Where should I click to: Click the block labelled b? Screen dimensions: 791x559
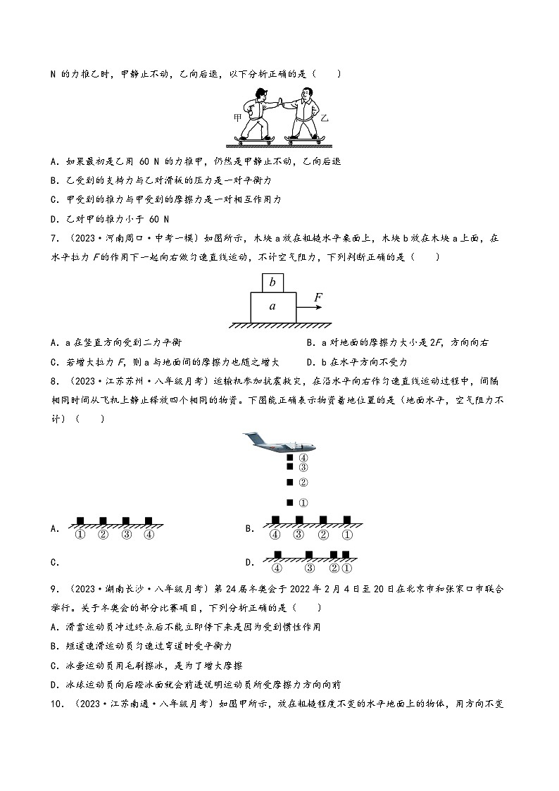point(273,282)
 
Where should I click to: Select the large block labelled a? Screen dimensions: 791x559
point(273,307)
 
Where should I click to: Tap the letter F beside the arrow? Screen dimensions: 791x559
point(318,297)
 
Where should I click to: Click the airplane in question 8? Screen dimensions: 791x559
point(279,443)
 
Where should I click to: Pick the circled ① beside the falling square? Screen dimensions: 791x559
point(304,503)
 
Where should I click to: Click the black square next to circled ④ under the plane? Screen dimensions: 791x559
point(289,458)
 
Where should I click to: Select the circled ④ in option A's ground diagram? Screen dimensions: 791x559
point(148,534)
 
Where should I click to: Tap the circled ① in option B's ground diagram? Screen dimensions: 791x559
point(346,534)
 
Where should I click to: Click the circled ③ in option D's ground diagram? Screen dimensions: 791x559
point(310,568)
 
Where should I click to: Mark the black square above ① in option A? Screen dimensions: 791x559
point(80,521)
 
